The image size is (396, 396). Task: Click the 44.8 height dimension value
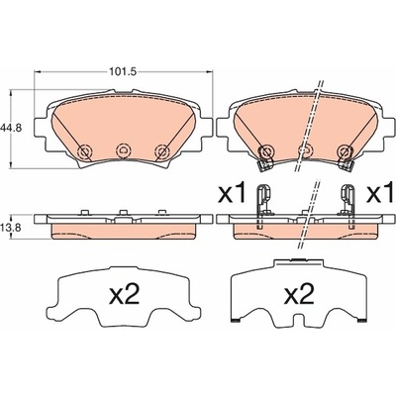point(11,128)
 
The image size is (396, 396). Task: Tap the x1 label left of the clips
point(233,193)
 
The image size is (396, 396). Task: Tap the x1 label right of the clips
point(381,193)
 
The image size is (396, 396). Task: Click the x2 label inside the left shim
point(125,295)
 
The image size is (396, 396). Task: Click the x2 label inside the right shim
point(299,295)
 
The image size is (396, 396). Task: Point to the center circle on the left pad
point(123,151)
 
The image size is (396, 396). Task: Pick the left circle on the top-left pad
point(83,152)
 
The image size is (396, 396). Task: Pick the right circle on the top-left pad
point(162,152)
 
